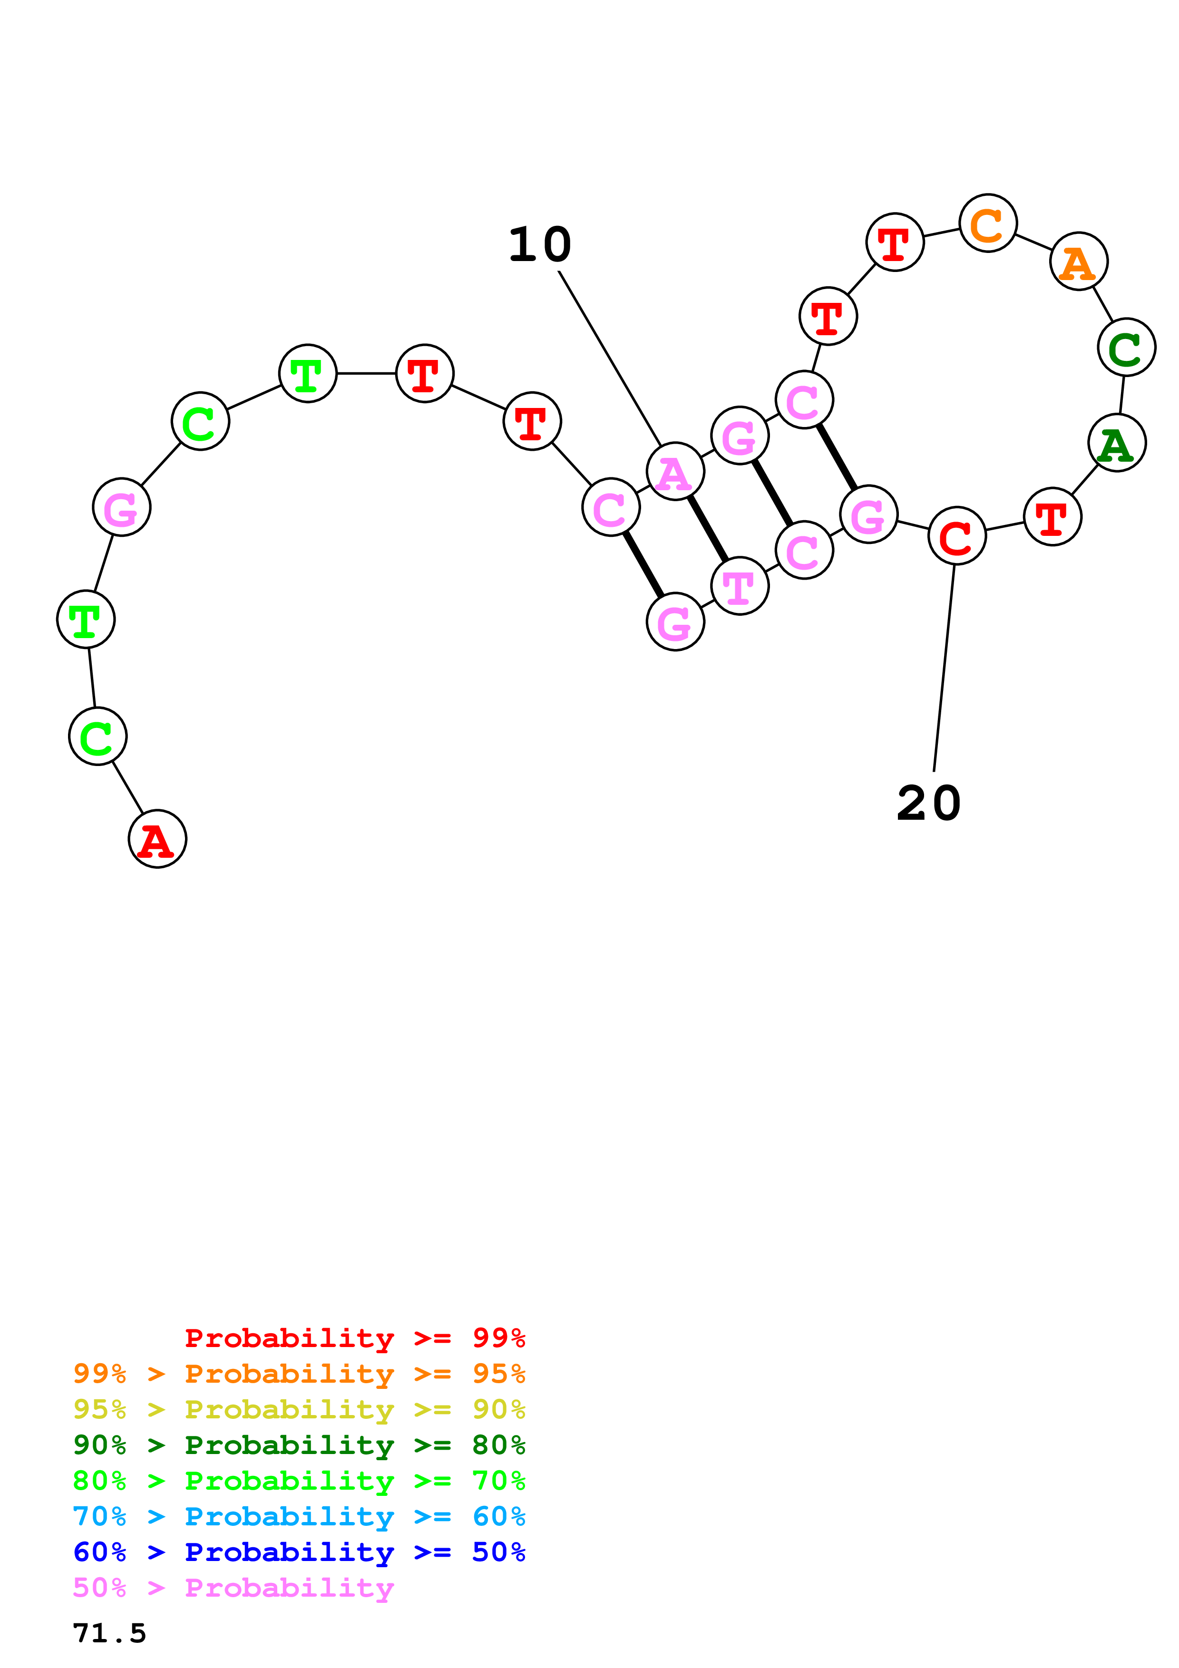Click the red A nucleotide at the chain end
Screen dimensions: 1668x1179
tap(157, 839)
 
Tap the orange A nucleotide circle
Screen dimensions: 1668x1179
tap(1078, 261)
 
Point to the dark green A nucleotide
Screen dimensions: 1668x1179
tap(1117, 443)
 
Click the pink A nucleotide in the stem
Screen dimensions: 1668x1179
tap(675, 472)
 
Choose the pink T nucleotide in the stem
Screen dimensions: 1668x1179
tap(740, 586)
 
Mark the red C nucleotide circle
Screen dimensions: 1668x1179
tap(957, 536)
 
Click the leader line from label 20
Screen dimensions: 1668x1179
tap(944, 669)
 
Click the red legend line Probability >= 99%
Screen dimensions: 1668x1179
tap(354, 1338)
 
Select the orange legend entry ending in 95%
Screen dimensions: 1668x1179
tap(299, 1374)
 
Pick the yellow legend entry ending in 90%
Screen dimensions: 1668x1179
tap(299, 1409)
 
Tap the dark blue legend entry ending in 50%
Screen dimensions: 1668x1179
tap(299, 1552)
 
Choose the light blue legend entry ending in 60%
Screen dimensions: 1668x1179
tap(299, 1516)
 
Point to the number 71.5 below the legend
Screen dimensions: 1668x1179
tap(110, 1633)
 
